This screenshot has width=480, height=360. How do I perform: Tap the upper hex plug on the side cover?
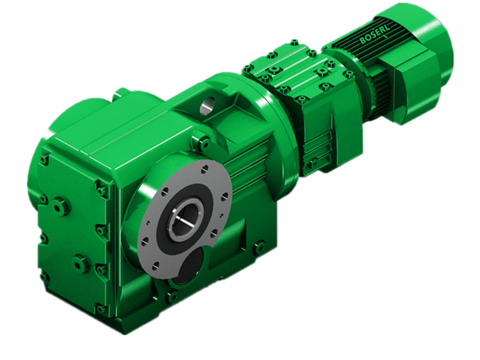tap(61, 207)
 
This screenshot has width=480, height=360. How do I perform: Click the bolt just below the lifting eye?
tap(202, 143)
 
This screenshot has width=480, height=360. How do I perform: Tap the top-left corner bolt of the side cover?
tap(44, 160)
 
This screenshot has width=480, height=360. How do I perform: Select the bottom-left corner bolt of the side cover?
tap(44, 277)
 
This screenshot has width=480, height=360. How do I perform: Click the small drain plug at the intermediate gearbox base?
tap(312, 163)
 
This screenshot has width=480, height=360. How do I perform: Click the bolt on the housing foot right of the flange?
tap(259, 247)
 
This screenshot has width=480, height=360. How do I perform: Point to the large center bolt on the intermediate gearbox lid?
tap(277, 71)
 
